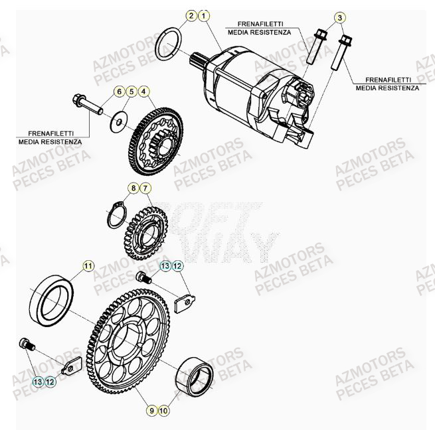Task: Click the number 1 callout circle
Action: tap(204, 15)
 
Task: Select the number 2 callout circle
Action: tap(191, 15)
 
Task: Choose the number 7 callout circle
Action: tap(145, 188)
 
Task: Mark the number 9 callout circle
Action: tap(152, 411)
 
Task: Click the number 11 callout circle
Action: tap(88, 267)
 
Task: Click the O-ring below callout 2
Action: tap(169, 44)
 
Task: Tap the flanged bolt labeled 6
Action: tap(86, 104)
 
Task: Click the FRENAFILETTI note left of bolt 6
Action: tap(50, 136)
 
